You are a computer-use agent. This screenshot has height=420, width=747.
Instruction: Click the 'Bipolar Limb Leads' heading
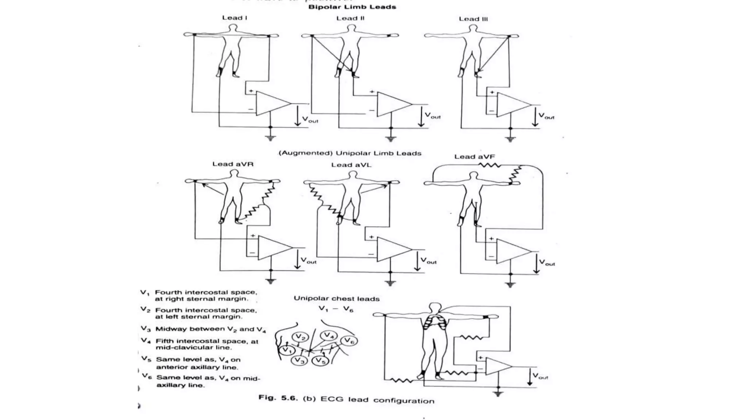click(x=352, y=7)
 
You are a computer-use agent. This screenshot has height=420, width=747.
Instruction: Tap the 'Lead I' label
click(x=235, y=17)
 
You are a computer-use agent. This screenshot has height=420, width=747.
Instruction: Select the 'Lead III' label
click(x=473, y=19)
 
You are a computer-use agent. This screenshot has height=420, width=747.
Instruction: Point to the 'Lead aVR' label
click(x=233, y=164)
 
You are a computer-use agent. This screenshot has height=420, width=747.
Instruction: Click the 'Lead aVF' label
click(x=474, y=157)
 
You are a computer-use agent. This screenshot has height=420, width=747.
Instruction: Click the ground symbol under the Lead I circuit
click(x=270, y=138)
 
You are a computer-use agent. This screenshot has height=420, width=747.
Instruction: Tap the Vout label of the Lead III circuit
click(x=546, y=116)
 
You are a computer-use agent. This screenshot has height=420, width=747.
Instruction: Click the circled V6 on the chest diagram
click(x=349, y=341)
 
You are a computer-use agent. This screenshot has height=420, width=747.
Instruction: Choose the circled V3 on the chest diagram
click(x=299, y=361)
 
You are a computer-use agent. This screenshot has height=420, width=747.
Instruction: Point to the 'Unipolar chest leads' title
click(x=336, y=299)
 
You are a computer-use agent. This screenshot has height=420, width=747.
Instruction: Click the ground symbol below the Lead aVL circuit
click(x=390, y=283)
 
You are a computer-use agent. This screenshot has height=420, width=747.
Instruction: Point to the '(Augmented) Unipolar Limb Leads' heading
click(x=350, y=153)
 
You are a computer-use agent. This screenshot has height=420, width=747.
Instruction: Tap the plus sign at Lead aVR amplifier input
click(x=252, y=236)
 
